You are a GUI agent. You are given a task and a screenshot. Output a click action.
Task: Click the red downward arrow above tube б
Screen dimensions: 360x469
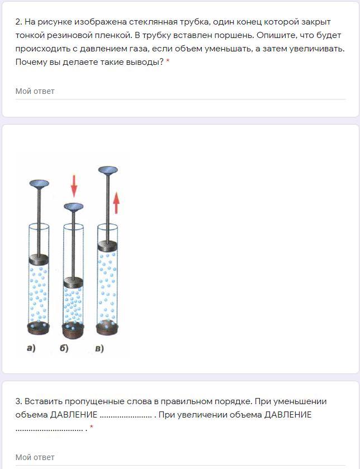pos(74,186)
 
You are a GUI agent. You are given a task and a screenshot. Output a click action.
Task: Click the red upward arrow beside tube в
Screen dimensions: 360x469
pos(116,203)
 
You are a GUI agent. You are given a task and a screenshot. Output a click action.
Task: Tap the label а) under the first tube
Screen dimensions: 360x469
pos(31,348)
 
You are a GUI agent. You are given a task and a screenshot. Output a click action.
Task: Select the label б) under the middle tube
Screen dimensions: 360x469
pos(64,348)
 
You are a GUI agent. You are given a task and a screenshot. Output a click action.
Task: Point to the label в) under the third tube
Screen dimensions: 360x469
pos(100,348)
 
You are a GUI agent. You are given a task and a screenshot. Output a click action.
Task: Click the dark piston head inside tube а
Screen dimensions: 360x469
pos(39,259)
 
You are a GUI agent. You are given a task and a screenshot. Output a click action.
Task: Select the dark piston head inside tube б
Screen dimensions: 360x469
pos(73,282)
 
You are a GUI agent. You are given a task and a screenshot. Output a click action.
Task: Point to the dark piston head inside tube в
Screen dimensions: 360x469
pos(108,245)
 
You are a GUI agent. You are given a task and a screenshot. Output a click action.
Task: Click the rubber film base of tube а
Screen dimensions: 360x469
pos(39,328)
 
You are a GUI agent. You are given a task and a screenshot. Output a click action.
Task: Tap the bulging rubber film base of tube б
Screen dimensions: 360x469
pos(73,330)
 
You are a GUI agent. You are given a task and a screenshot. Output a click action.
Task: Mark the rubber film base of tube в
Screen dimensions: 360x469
pos(107,328)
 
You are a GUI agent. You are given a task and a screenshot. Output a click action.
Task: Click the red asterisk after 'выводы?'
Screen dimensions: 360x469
pos(168,61)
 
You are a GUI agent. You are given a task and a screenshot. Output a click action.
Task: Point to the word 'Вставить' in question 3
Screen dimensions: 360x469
pos(44,401)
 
